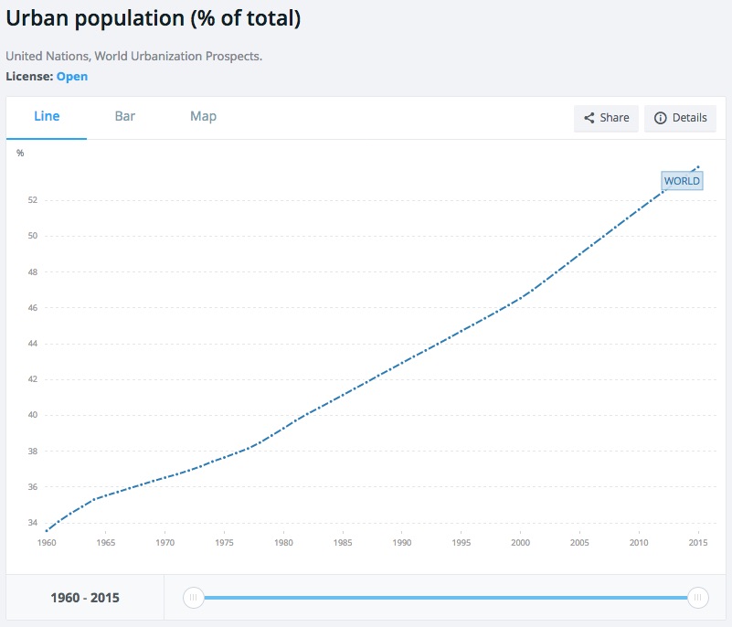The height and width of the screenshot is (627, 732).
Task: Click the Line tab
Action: (47, 116)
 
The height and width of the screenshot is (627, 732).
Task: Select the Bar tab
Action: (125, 116)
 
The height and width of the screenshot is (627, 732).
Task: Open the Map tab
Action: (203, 116)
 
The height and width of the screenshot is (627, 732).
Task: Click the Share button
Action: (606, 118)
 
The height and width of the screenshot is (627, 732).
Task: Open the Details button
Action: (681, 118)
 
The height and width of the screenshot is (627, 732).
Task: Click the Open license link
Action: (72, 77)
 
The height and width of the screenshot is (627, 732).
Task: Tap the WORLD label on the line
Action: (682, 181)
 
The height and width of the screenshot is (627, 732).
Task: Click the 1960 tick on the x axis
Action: (46, 543)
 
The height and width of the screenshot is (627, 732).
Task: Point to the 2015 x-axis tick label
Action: (698, 543)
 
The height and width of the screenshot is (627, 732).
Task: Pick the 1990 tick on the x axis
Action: (401, 543)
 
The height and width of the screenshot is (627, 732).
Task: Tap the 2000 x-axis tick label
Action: (520, 543)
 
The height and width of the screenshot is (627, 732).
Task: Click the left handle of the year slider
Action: (193, 598)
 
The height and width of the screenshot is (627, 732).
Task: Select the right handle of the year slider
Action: (697, 598)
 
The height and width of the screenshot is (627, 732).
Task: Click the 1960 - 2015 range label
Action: (85, 599)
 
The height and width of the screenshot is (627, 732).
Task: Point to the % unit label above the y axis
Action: (20, 153)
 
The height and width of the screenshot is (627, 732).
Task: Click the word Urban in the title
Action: (38, 17)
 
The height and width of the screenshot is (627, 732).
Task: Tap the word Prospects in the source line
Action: (234, 57)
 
